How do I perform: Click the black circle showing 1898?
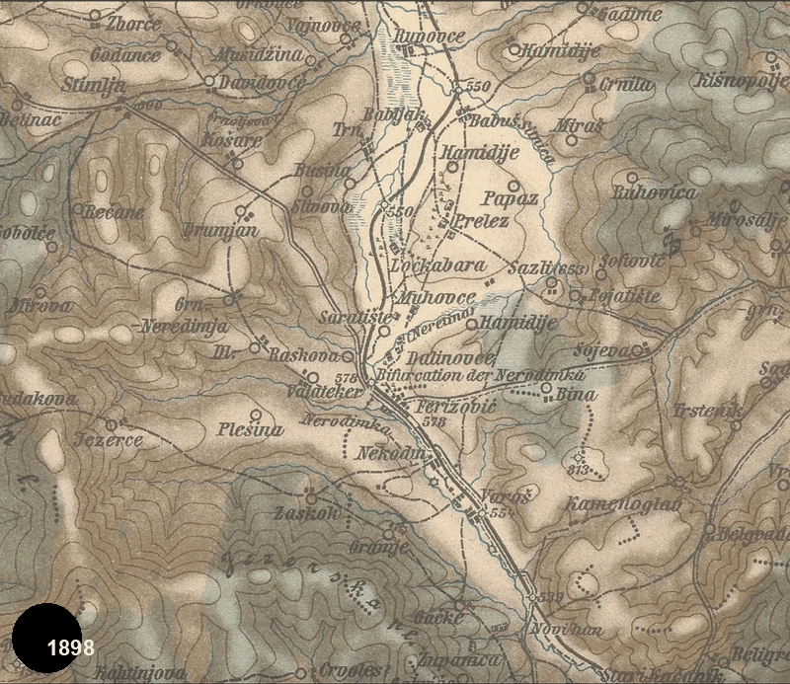(x=46, y=646)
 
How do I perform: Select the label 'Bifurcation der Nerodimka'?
(x=481, y=376)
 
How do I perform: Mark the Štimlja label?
(x=94, y=86)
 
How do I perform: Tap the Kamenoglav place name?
(x=610, y=505)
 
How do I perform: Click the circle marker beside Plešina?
(x=257, y=415)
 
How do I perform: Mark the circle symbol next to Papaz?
(x=513, y=185)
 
